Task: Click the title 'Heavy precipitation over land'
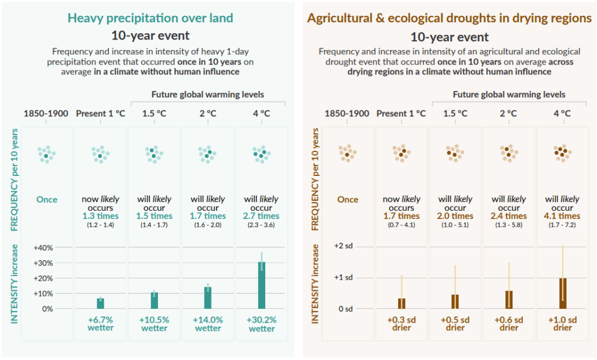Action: click(x=150, y=18)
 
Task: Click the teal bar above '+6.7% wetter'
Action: click(x=100, y=303)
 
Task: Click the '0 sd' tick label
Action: click(x=346, y=308)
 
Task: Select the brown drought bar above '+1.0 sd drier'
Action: click(x=563, y=293)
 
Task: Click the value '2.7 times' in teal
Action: click(x=262, y=216)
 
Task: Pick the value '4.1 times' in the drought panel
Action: click(x=563, y=216)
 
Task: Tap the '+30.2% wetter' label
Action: click(x=262, y=324)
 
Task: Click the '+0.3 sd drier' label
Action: click(x=402, y=324)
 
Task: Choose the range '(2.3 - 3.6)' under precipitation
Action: click(x=262, y=225)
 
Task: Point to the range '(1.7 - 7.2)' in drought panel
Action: click(x=563, y=225)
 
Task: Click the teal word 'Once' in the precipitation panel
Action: click(x=47, y=199)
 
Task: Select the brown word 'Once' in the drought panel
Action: click(x=348, y=199)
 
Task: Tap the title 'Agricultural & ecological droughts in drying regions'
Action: click(x=449, y=18)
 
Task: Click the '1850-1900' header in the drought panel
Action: click(x=347, y=114)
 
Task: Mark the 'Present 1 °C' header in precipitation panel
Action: click(x=100, y=114)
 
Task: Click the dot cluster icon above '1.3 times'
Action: click(x=100, y=154)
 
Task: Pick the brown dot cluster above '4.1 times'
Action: click(x=563, y=153)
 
